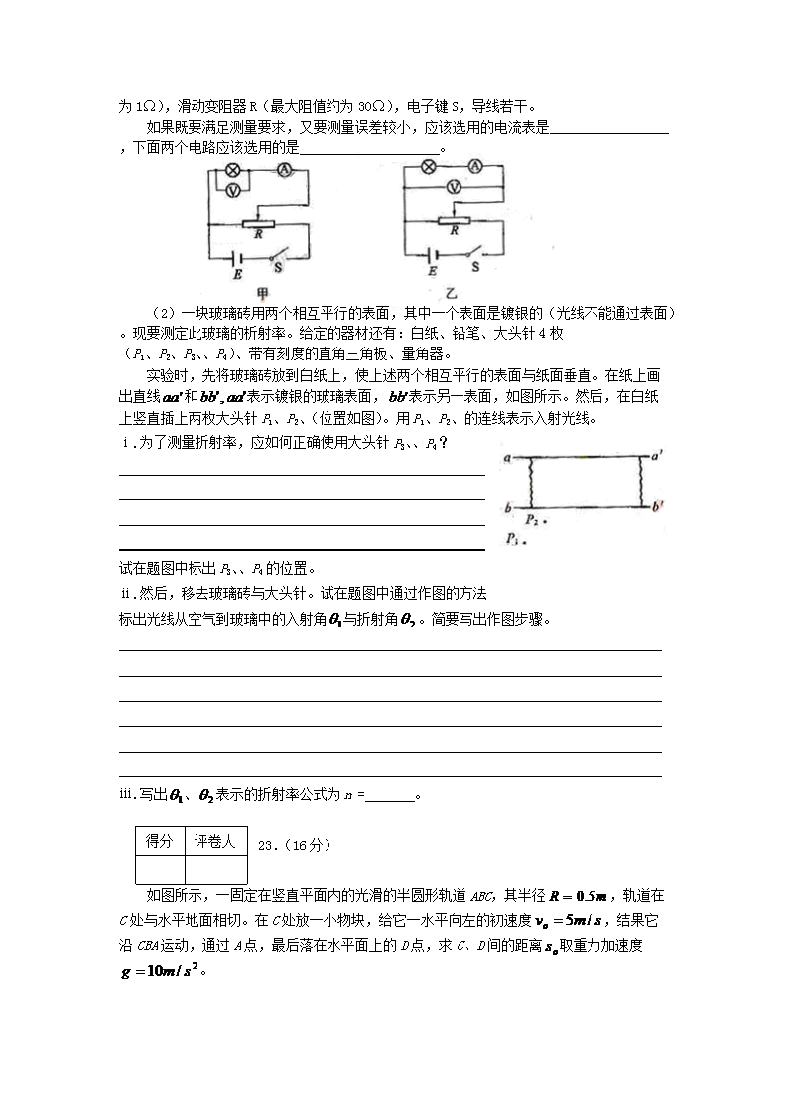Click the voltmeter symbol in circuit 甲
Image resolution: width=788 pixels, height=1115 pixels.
[x=234, y=189]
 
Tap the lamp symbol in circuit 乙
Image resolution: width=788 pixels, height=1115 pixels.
[x=429, y=166]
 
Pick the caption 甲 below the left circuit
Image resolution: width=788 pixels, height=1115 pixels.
[x=263, y=293]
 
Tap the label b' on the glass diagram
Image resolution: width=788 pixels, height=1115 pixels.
[x=658, y=507]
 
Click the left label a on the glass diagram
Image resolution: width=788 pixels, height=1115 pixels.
[x=507, y=459]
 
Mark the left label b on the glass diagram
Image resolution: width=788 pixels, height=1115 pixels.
[x=507, y=508]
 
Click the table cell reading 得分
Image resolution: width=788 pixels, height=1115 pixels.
[x=160, y=842]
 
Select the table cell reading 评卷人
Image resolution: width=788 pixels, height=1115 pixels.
[x=215, y=842]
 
